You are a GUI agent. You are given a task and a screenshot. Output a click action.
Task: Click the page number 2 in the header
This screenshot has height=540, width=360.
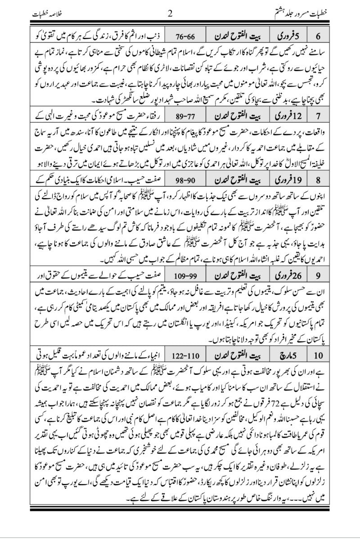coord(170,13)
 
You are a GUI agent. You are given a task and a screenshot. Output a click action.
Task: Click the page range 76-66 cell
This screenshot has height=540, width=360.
coord(184,35)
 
